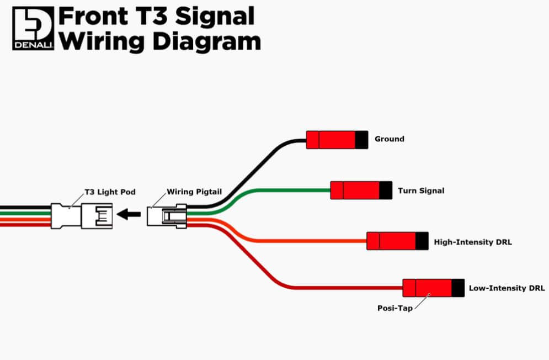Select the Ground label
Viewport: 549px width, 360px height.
(389, 139)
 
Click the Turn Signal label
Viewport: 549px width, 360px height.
(421, 191)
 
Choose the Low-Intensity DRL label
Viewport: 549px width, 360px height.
(507, 288)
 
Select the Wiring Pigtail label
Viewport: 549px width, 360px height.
(194, 192)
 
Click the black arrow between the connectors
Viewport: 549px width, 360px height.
(130, 214)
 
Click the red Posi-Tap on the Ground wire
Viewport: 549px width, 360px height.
(331, 140)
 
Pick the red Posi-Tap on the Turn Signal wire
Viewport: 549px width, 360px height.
(355, 190)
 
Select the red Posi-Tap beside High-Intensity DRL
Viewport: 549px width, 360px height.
(391, 241)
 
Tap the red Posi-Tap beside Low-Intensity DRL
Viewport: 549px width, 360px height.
(427, 288)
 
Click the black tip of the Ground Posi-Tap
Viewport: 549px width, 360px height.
(361, 140)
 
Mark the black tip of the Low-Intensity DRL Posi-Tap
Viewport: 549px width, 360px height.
(458, 288)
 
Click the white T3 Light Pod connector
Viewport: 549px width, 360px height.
(82, 215)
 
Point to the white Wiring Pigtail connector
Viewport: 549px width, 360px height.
(167, 215)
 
